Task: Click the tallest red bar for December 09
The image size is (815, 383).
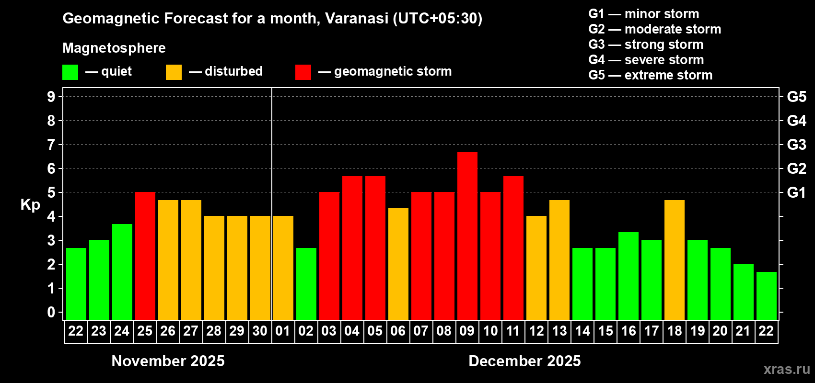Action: click(467, 236)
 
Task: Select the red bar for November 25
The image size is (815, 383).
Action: click(145, 256)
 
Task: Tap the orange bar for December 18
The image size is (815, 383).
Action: click(675, 259)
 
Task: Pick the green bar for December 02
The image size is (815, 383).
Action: click(306, 283)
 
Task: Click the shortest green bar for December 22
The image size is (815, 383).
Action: click(767, 295)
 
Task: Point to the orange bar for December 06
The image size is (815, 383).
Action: click(398, 264)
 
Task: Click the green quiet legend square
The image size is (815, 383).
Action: click(70, 72)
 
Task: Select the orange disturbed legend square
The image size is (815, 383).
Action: click(174, 72)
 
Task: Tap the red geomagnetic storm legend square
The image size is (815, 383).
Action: click(303, 72)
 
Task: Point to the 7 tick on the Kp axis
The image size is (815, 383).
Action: click(51, 145)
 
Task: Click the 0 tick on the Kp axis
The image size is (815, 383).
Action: click(51, 312)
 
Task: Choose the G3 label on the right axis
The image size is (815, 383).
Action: click(796, 145)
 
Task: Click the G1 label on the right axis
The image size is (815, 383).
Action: click(796, 192)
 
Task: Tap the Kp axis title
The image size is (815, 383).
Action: click(30, 205)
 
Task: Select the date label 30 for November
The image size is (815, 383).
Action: click(260, 331)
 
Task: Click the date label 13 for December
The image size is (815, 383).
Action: click(559, 331)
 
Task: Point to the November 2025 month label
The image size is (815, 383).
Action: click(168, 361)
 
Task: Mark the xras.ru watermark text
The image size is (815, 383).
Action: click(787, 369)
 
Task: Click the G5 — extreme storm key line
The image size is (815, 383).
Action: click(651, 75)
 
